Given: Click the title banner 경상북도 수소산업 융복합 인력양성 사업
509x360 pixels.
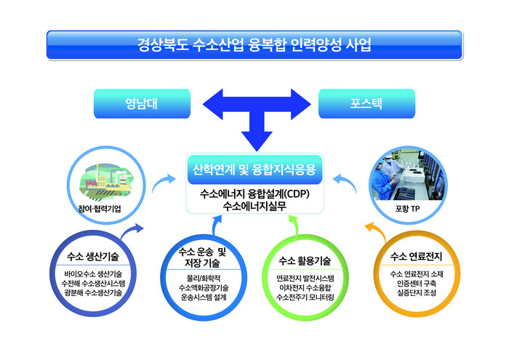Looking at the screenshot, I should tap(254, 46).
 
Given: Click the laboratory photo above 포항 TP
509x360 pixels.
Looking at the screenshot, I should tap(403, 177).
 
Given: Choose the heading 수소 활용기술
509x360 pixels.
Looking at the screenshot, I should tap(305, 260).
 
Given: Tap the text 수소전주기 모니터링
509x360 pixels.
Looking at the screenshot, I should tap(305, 297).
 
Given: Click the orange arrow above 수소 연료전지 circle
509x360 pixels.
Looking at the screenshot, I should tap(373, 234).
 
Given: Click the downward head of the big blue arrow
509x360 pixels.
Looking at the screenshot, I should tap(254, 138).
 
